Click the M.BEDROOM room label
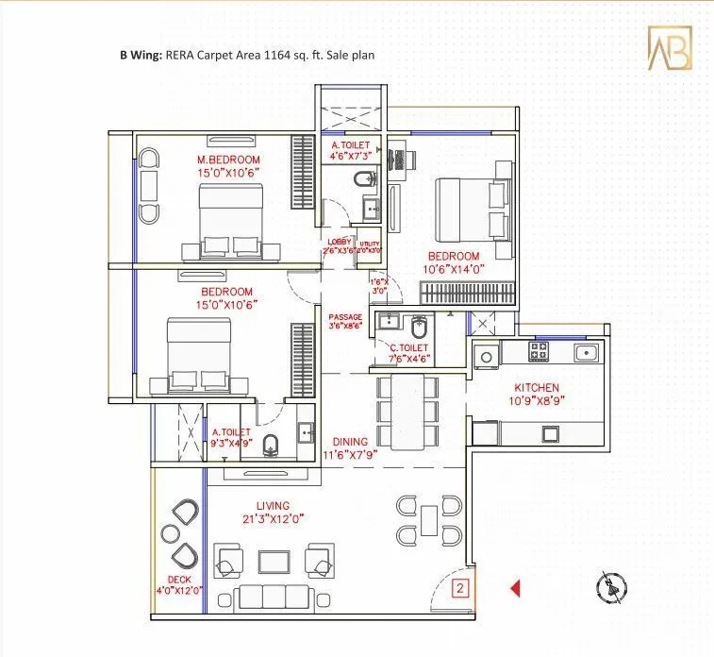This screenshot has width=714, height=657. tap(228, 160)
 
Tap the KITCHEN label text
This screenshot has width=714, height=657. tap(537, 387)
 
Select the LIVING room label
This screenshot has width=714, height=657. tap(272, 506)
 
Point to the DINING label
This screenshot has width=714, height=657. tap(350, 441)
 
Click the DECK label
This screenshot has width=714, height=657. tap(179, 580)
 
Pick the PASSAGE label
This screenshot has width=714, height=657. tap(346, 316)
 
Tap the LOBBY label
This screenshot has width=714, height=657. tap(339, 243)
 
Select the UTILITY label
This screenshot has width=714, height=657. tap(369, 243)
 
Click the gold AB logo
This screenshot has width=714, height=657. tap(669, 47)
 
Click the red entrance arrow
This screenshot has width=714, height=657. tap(515, 589)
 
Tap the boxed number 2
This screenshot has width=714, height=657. tap(459, 589)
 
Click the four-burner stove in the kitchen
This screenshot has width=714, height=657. tap(539, 352)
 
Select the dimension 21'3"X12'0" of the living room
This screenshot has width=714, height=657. tap(272, 520)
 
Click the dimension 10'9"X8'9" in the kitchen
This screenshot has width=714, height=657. tap(537, 401)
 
